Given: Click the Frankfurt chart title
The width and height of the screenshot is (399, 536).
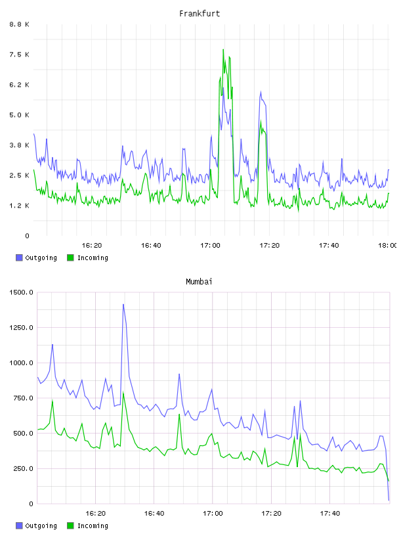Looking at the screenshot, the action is tap(199, 14).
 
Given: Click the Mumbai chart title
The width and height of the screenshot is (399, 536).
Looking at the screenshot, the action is tap(199, 282).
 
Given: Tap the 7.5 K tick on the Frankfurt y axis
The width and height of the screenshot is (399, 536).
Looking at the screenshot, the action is tap(20, 55).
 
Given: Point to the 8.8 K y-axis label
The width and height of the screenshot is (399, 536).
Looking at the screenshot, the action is tap(20, 24).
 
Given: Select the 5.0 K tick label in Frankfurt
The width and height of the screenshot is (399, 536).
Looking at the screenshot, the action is tap(20, 115).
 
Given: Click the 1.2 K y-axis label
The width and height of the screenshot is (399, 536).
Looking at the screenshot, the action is tap(20, 206).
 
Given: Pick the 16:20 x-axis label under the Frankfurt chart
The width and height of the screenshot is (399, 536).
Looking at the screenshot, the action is tap(92, 246).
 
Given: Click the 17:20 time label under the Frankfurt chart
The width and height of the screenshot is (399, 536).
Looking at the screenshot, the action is tap(270, 246).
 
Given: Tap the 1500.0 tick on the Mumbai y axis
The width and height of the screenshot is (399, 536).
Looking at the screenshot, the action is tap(21, 292).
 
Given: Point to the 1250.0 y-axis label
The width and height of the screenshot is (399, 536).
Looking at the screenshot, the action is tap(21, 328).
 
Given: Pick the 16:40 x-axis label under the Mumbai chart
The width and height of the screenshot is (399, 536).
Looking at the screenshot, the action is tap(154, 514).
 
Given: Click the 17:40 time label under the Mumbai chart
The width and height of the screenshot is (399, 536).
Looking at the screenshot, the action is tap(330, 514).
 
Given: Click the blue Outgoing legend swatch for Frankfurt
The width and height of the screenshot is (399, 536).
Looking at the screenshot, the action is tap(19, 257).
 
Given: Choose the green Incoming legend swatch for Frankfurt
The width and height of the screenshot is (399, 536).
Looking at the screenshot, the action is tap(70, 257).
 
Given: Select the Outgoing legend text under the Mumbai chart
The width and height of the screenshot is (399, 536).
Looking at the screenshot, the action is tap(41, 525).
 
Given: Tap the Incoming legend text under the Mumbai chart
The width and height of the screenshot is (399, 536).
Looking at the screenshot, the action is tap(93, 525).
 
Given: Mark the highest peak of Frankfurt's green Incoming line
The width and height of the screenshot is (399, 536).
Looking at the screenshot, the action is tap(223, 49).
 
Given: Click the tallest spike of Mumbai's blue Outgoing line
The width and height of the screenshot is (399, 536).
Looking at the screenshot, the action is tap(123, 304).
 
